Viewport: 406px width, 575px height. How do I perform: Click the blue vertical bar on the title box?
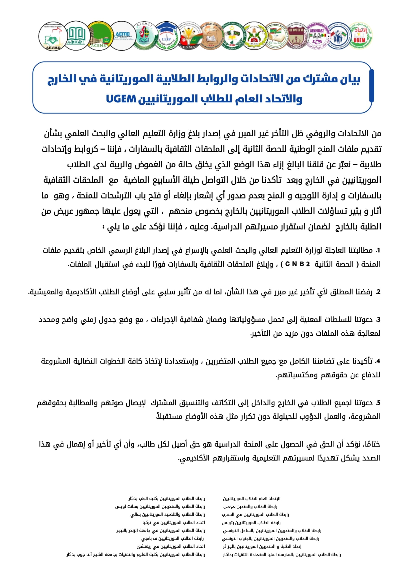coord(371,86)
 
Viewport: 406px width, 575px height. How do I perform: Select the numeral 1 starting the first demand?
coord(378,250)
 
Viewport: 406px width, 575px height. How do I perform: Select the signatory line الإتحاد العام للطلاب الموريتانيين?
coord(252,499)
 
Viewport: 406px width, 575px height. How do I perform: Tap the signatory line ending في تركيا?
coord(174,523)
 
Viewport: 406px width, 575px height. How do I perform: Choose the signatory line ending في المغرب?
coord(255,515)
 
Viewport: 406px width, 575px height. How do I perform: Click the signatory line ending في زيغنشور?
coord(171,546)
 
